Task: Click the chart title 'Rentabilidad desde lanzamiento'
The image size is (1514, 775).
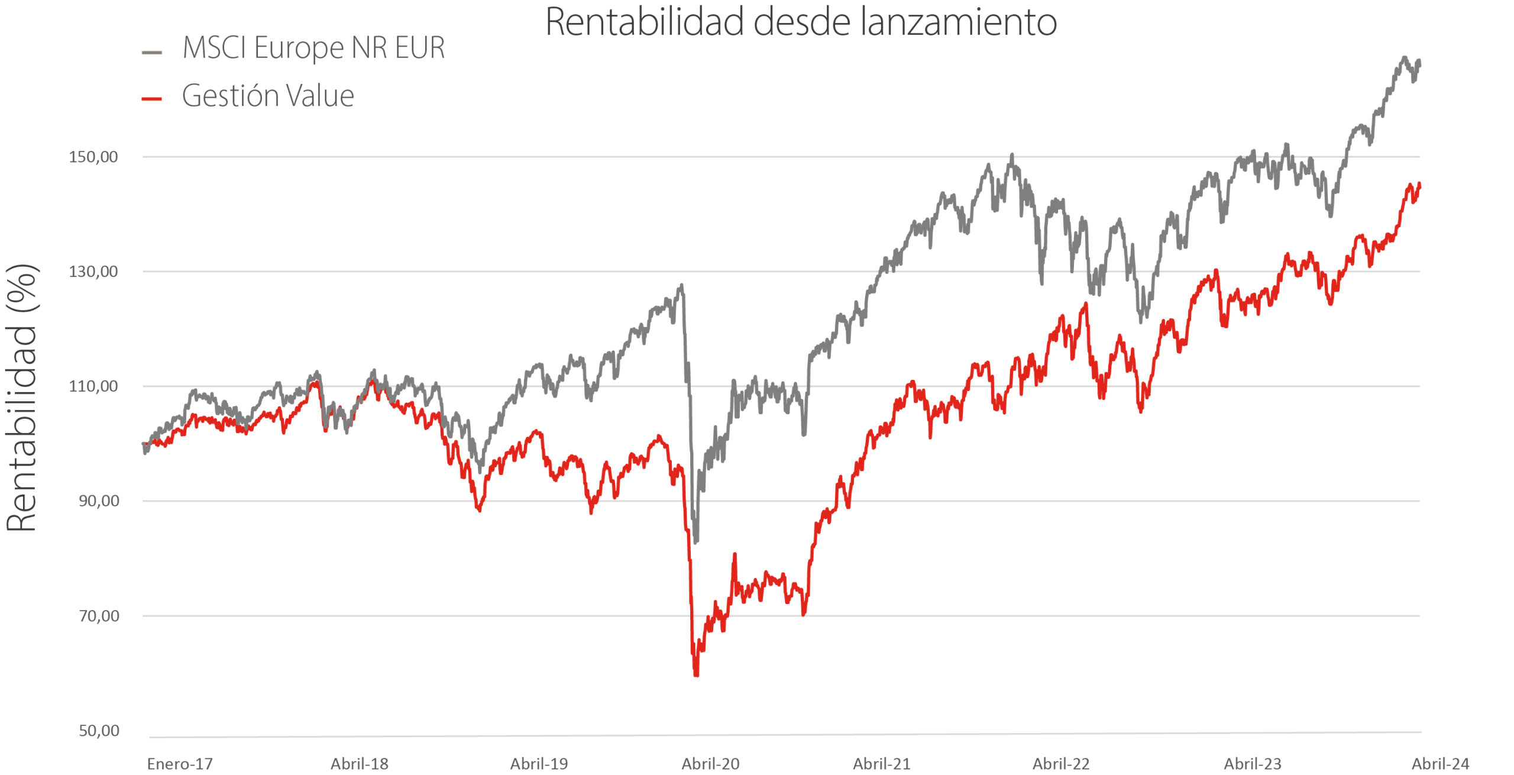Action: point(801,22)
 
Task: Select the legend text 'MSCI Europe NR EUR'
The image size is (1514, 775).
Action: point(313,47)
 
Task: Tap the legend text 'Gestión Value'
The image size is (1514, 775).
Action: point(268,96)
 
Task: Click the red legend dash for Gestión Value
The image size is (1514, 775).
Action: point(152,99)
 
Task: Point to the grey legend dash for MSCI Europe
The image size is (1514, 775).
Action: point(152,53)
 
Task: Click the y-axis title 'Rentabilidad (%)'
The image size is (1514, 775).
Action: point(22,398)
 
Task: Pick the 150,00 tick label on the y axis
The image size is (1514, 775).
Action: point(93,157)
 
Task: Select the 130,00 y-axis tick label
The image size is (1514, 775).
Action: point(93,272)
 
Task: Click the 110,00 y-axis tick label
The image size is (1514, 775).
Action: point(93,386)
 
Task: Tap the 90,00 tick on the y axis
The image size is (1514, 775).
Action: point(99,501)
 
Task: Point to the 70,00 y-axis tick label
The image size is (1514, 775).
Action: point(99,616)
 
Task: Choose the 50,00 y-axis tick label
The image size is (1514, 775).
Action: point(99,731)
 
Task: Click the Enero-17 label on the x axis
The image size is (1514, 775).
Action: point(180,764)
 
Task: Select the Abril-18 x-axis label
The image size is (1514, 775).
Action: point(360,764)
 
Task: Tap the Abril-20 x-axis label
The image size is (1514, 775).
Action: point(710,764)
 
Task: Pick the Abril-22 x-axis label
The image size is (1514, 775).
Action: point(1061,764)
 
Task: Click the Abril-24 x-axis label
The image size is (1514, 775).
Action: point(1441,764)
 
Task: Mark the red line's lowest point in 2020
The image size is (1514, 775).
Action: point(696,675)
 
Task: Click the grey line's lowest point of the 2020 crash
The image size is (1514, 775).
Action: point(695,541)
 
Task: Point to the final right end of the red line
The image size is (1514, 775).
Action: point(1419,185)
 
